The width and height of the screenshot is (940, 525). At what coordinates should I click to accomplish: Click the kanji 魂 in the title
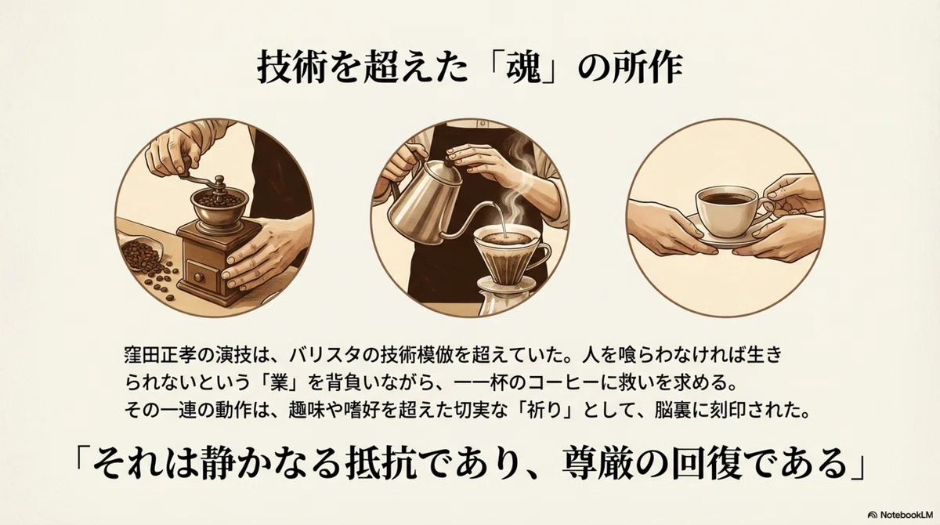click(523, 67)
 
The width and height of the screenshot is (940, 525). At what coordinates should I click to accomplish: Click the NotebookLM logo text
click(906, 515)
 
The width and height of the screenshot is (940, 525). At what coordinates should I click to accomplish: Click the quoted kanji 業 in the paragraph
click(279, 382)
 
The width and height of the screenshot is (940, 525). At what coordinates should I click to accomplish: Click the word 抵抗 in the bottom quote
click(380, 463)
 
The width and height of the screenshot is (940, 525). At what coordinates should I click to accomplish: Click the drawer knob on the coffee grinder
click(198, 277)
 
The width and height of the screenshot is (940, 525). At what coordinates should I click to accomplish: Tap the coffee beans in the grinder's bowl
click(219, 200)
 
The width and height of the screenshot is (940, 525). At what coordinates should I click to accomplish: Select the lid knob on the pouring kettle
click(449, 161)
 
